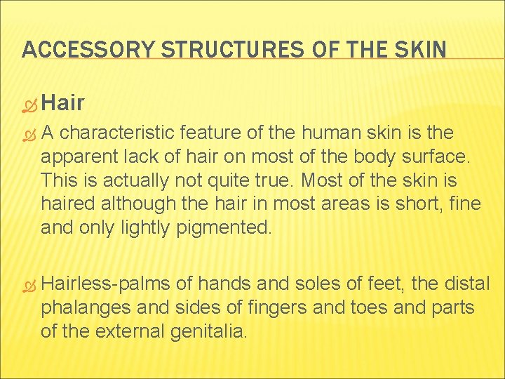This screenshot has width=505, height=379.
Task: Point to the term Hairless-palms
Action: point(106,284)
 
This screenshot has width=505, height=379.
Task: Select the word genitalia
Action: point(209,331)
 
